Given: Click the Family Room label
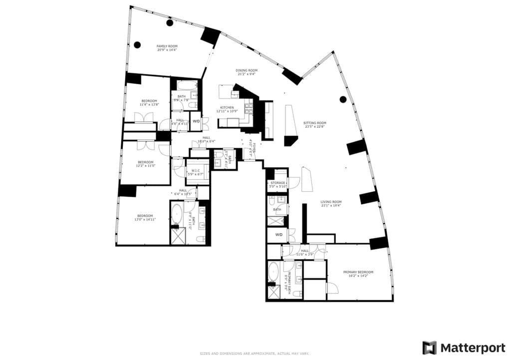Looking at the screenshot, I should click(167, 46).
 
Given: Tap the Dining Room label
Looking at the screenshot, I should click(246, 70).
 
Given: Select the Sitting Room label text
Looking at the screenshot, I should click(315, 123).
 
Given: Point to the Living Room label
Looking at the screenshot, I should click(331, 202).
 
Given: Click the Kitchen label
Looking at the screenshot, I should click(227, 108).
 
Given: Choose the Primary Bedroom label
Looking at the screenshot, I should click(358, 272).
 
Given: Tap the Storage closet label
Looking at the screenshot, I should click(278, 183).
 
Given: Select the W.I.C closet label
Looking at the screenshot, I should click(193, 171).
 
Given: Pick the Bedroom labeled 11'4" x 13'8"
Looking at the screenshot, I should click(149, 102).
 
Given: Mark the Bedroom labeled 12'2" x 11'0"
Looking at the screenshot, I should click(145, 162).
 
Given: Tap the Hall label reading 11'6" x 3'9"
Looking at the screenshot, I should click(304, 251).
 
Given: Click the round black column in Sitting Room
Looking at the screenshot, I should click(343, 99).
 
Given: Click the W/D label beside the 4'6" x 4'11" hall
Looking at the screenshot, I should click(196, 121).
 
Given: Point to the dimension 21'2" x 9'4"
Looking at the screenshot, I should click(246, 74).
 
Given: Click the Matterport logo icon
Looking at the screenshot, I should click(429, 348).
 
